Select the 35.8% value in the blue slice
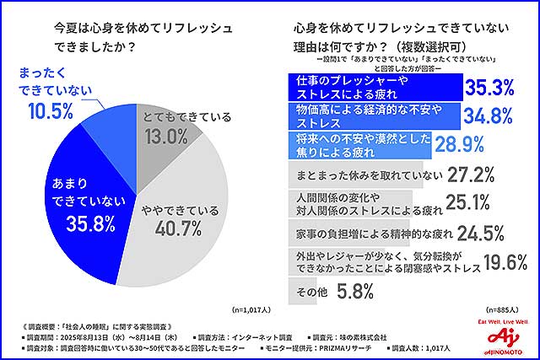pos(77,224)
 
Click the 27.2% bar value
pos(472,175)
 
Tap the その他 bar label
pos(304,291)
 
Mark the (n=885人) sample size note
pos(503,309)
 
